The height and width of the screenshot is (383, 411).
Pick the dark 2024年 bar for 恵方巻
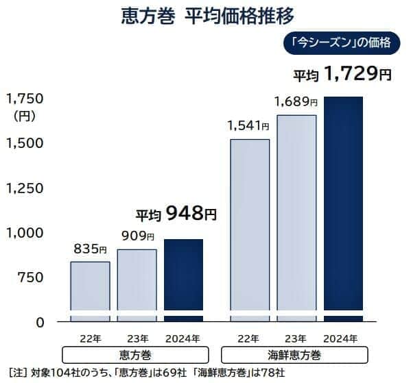(x=183, y=277)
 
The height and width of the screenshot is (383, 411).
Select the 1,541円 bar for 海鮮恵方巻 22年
(x=249, y=226)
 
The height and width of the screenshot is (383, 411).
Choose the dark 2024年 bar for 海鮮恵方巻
(x=343, y=206)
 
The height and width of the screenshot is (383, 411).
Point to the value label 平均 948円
(x=176, y=214)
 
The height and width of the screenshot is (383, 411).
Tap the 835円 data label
(x=90, y=249)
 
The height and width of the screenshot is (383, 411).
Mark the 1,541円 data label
(x=249, y=125)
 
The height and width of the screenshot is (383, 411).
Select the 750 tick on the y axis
(x=28, y=277)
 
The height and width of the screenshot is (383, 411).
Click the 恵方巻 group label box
(x=136, y=355)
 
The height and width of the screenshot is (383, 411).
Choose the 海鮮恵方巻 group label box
(x=295, y=355)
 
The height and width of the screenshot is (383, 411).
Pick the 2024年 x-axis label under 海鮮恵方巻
(x=340, y=338)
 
